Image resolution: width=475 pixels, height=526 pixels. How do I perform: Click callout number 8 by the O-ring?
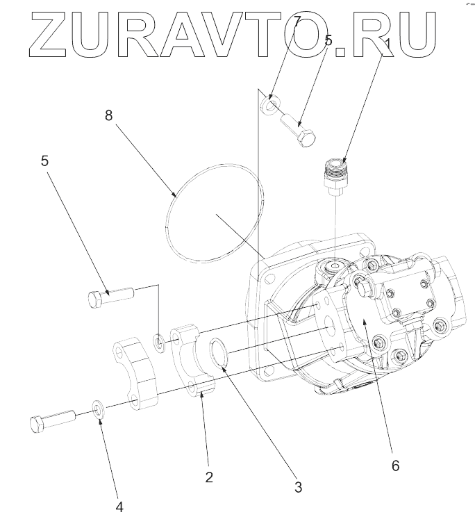click(109, 115)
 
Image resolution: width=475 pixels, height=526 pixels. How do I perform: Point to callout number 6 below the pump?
click(395, 466)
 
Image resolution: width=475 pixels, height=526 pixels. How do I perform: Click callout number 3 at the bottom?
click(298, 487)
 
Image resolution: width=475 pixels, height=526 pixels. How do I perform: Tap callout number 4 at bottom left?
click(119, 507)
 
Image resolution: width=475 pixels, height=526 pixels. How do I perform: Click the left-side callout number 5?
click(45, 161)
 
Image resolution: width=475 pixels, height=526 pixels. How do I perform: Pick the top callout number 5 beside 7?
click(328, 41)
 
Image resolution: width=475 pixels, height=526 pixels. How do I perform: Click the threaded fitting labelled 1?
click(335, 174)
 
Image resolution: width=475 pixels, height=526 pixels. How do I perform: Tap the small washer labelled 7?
click(269, 106)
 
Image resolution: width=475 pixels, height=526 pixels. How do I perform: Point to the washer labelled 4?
click(99, 411)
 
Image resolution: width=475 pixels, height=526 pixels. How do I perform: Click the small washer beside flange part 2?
click(159, 342)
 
